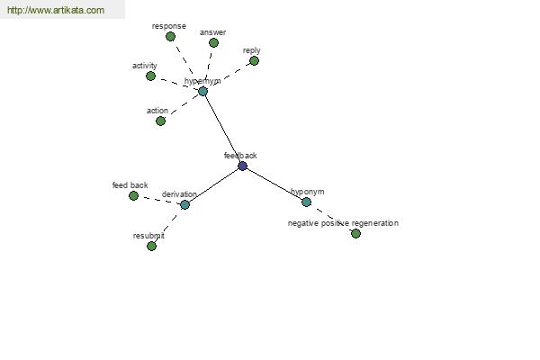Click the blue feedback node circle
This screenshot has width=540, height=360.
point(242,166)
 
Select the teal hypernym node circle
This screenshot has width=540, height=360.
point(202,91)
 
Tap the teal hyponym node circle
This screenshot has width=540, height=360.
point(306,202)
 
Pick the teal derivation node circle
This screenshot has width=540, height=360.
point(184,205)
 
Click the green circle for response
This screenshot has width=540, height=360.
point(170,37)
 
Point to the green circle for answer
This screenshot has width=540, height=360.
point(213,42)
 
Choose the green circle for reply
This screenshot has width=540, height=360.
point(254,61)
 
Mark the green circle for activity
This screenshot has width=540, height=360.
point(150,76)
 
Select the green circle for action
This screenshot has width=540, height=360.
point(160,121)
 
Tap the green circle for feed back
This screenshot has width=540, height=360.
point(133,195)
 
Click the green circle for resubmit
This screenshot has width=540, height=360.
point(151,246)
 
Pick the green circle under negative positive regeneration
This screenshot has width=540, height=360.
point(355,234)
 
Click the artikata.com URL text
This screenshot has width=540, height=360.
point(56,10)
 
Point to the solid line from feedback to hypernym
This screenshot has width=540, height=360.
point(223,129)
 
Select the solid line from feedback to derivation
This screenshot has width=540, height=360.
point(213,185)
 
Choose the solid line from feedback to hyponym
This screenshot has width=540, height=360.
point(274,184)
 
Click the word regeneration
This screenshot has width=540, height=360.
point(375,223)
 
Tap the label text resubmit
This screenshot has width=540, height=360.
point(148,236)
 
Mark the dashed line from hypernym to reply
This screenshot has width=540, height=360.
point(229,76)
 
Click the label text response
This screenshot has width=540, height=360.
point(169,26)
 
